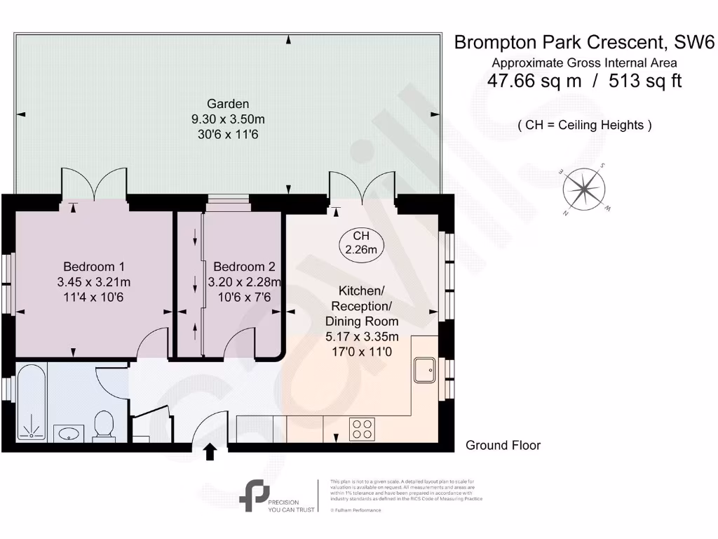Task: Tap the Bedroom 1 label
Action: [94, 267]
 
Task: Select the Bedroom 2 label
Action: [244, 267]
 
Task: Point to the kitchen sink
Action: [425, 370]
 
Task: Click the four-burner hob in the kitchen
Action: [362, 428]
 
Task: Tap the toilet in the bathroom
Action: [104, 425]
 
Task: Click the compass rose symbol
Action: [585, 187]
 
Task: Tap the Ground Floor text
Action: [503, 446]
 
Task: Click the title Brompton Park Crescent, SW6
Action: [584, 42]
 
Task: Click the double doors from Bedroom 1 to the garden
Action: [94, 185]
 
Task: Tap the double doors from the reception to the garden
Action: [363, 185]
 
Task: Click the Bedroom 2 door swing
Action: [241, 346]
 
